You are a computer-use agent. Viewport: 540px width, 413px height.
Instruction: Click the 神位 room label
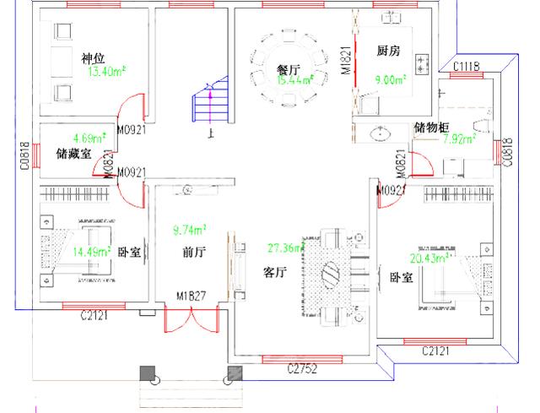(93, 58)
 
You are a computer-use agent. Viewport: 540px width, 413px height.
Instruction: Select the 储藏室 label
(70, 154)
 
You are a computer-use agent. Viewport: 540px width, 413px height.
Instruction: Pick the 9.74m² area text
(190, 230)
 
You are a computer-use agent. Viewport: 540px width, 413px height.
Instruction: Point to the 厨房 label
(388, 51)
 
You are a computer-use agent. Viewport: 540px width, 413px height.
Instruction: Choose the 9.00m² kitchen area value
(389, 80)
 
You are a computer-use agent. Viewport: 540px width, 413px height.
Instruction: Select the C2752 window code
(301, 369)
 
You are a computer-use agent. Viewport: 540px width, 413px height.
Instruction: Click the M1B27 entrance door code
(192, 296)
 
